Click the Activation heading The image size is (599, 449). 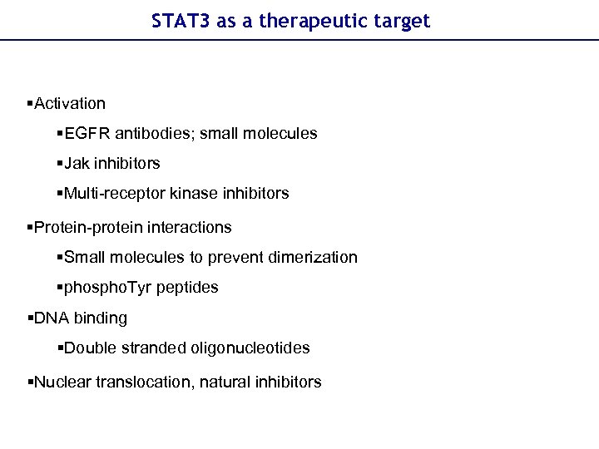click(70, 104)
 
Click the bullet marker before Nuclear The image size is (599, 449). click(30, 382)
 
